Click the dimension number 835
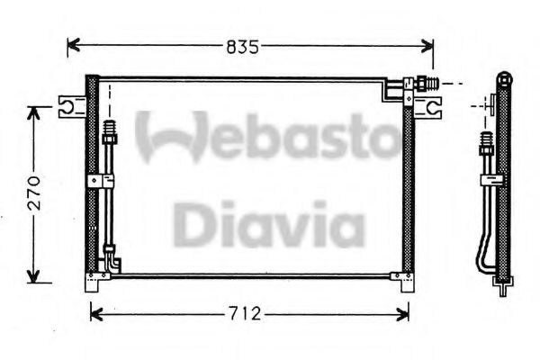click(x=240, y=46)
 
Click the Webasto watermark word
click(x=266, y=138)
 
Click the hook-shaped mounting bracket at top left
click(x=68, y=107)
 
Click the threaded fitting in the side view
click(x=486, y=143)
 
